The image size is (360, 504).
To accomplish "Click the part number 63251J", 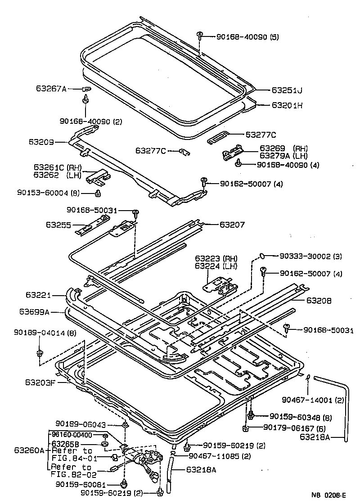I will coord(287,90).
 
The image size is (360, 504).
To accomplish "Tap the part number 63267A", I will coord(51,89).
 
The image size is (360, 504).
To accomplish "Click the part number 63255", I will coord(58,224).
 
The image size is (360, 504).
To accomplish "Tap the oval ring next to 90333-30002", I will coord(260,256).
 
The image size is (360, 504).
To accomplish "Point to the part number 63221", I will coord(39,295).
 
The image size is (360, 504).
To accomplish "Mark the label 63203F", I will coord(40,383).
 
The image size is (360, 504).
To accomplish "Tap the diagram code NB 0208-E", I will coord(330,495).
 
